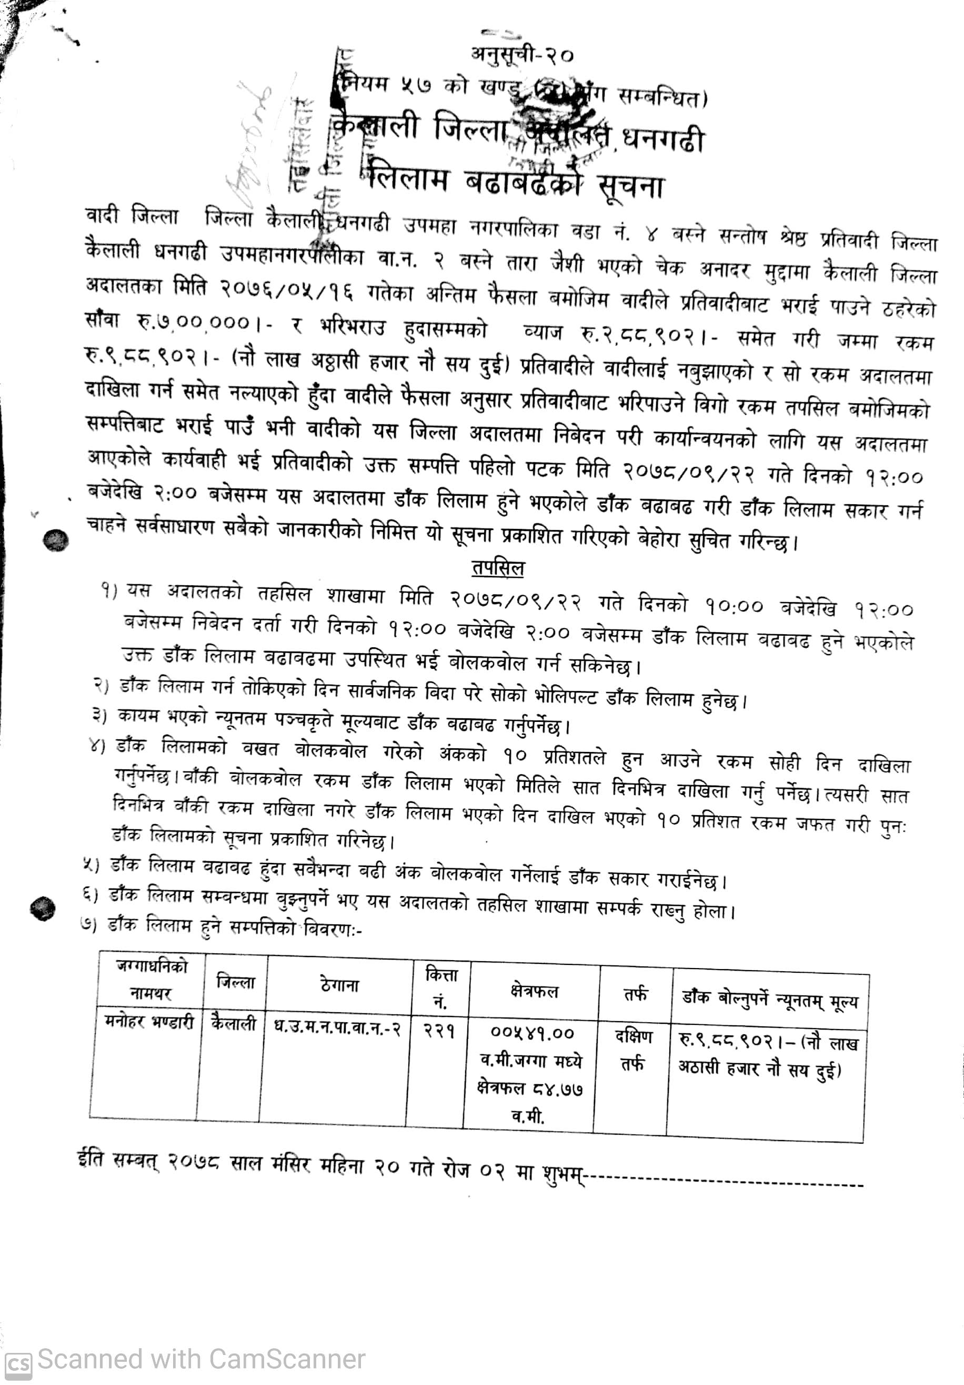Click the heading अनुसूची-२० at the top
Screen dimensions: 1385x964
522,56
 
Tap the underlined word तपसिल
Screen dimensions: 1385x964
498,568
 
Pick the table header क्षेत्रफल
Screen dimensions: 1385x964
534,991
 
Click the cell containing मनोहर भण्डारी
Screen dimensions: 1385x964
148,1022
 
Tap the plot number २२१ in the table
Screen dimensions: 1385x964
438,1030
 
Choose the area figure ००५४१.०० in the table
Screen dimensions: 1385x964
533,1033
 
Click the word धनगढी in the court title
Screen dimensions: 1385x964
663,140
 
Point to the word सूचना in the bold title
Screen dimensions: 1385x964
631,186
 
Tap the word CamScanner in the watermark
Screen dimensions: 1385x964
287,1360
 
